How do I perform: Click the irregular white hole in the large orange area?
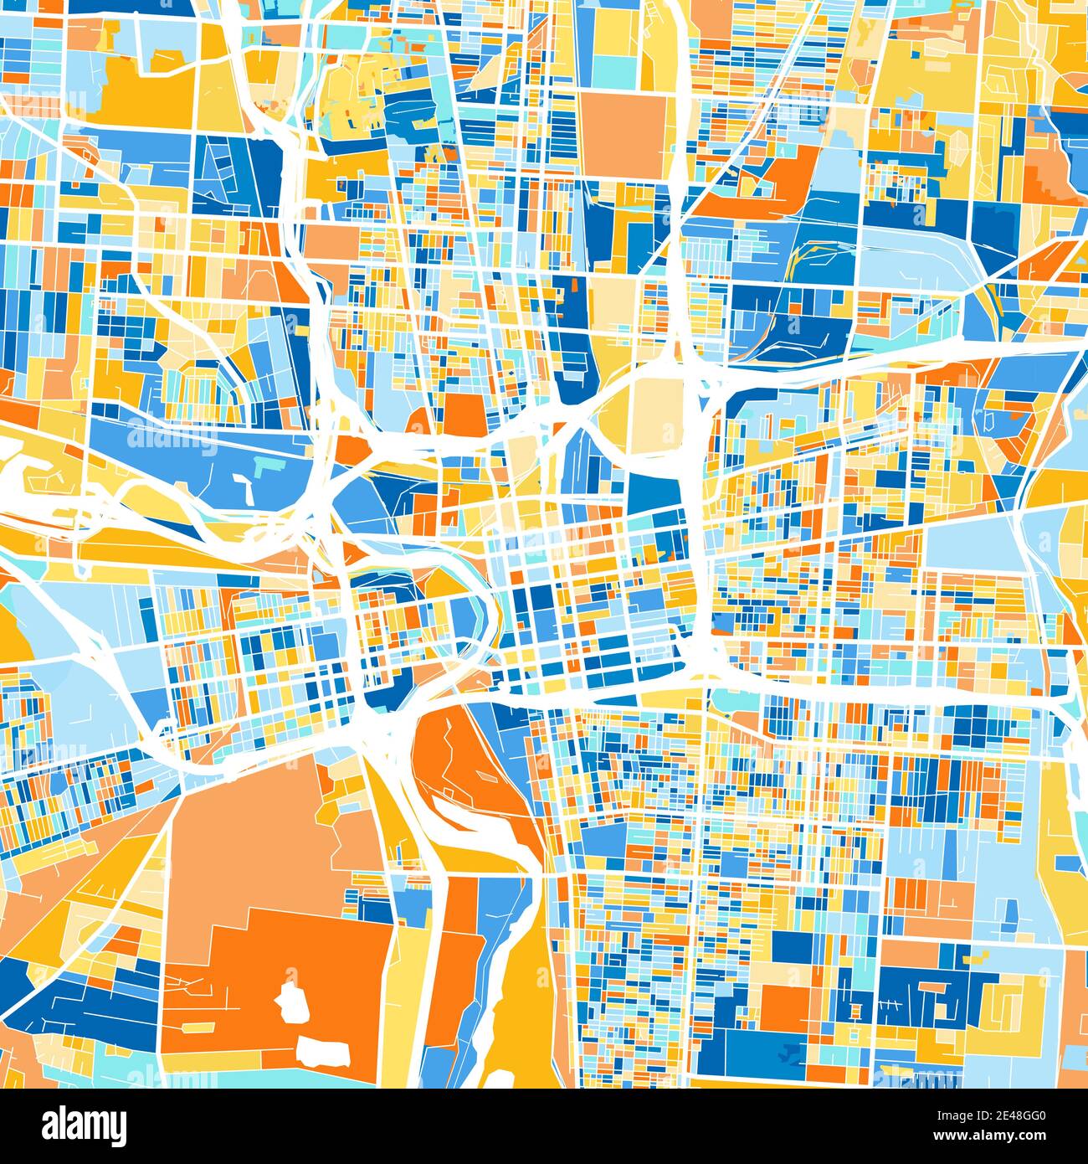pyautogui.click(x=291, y=1002)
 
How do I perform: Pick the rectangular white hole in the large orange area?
pyautogui.click(x=325, y=1050)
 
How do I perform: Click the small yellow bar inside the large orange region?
pyautogui.click(x=198, y=1027)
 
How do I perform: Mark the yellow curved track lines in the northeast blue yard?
pyautogui.click(x=808, y=255)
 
